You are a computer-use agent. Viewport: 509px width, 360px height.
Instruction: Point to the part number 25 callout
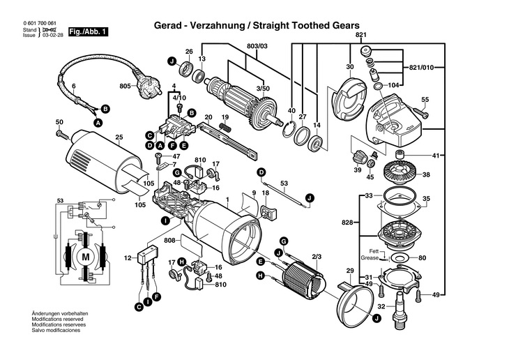coord(119,137)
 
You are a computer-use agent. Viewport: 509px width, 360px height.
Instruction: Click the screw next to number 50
coord(63,133)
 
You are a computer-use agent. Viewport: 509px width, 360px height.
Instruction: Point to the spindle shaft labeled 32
coord(401,306)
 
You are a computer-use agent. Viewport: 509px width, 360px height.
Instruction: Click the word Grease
coord(370,258)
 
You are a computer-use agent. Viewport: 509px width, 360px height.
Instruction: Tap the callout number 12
coord(127,259)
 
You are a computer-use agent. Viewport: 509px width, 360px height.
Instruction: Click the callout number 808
coord(169,241)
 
